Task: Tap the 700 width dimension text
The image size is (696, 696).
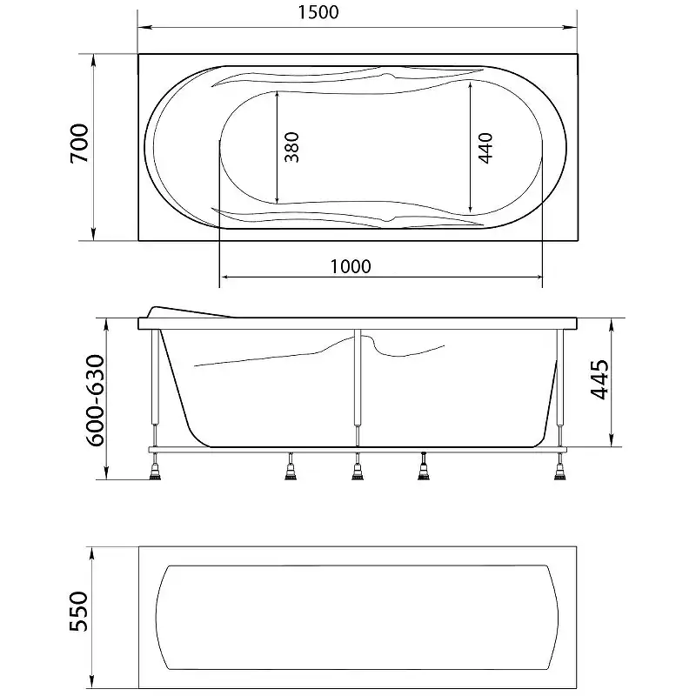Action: (x=78, y=144)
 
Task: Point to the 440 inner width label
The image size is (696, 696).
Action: (x=485, y=148)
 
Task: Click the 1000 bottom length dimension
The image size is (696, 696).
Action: (x=351, y=266)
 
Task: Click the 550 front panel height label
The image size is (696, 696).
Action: (x=78, y=612)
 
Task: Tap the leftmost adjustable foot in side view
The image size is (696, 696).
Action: (x=156, y=471)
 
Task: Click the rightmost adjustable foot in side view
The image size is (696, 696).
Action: (x=558, y=471)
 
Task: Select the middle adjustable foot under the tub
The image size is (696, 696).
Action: (x=357, y=471)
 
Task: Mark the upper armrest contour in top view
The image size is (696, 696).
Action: (x=348, y=77)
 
